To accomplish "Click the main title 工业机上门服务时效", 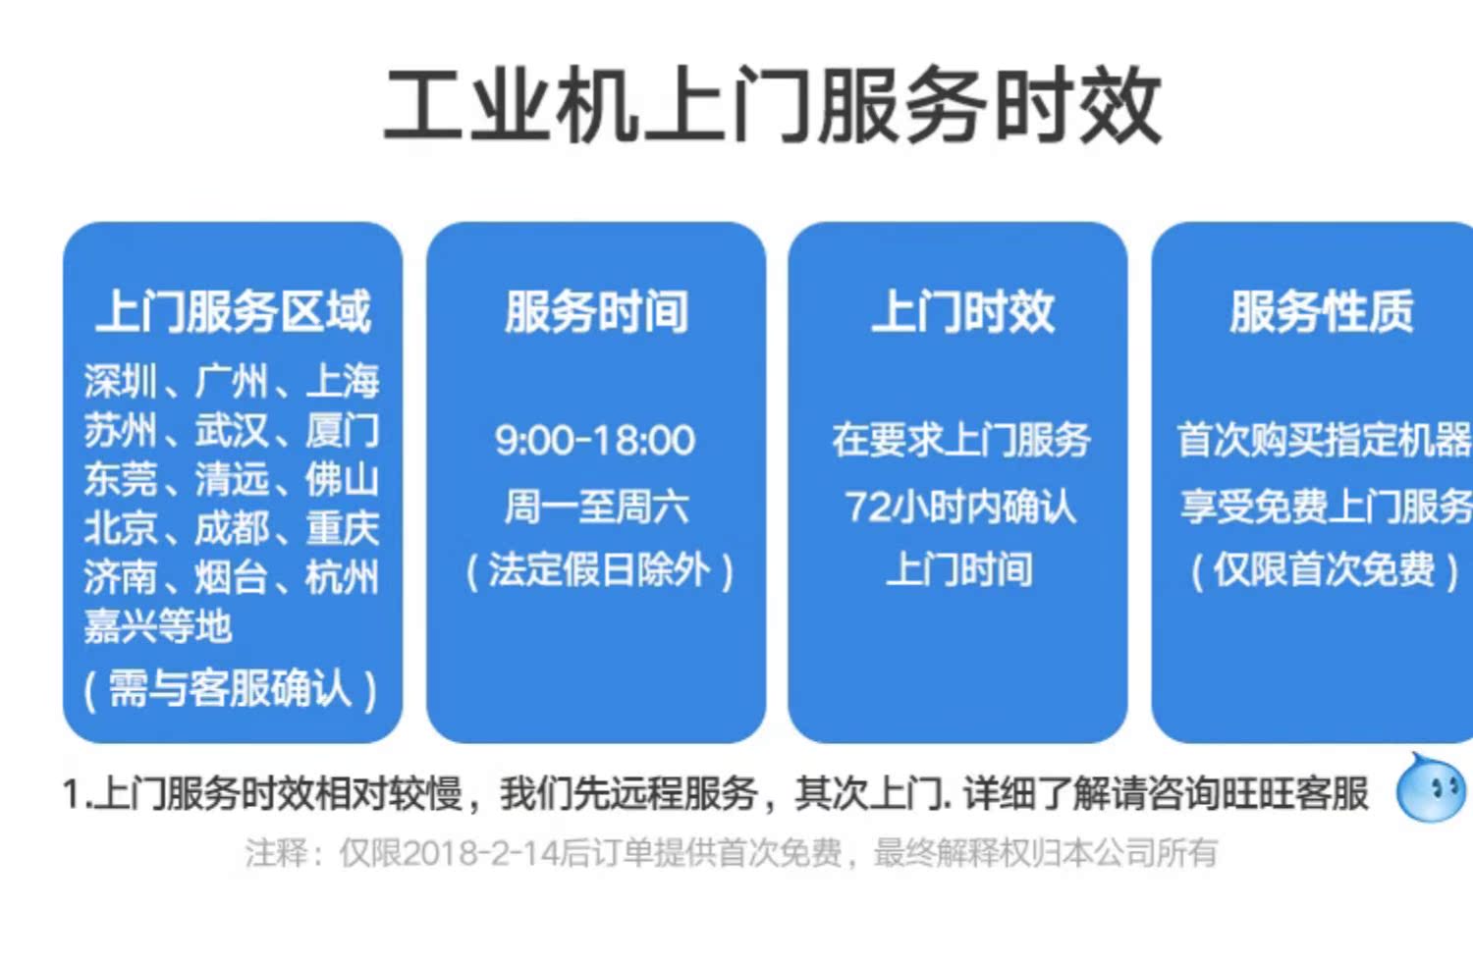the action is [773, 105].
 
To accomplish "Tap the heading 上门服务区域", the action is [233, 311].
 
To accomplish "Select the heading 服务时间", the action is [596, 311].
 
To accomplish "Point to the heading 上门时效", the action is [962, 311].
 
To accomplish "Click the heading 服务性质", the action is [1322, 311].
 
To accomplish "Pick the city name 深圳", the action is [121, 382].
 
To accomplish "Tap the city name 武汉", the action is [232, 431].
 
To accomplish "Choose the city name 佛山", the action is [342, 479].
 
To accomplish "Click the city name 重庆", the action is [342, 529].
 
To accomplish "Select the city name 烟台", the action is [232, 577].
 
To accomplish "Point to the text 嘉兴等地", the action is [158, 626].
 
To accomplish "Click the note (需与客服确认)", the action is [232, 689].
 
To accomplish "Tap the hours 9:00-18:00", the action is [594, 441].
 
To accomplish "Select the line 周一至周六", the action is [596, 507].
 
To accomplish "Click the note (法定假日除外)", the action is [599, 570].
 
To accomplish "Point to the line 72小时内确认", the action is [960, 507].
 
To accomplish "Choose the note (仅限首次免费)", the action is [1325, 570].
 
